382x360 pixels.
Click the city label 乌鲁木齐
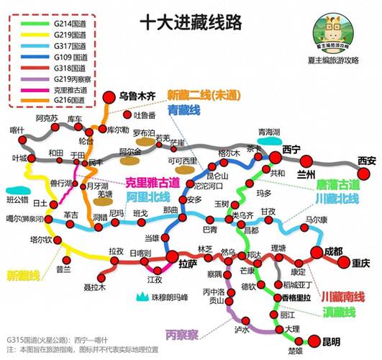pyautogui.click(x=138, y=96)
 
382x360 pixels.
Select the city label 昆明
pyautogui.click(x=332, y=341)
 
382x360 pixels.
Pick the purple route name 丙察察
pyautogui.click(x=182, y=334)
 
